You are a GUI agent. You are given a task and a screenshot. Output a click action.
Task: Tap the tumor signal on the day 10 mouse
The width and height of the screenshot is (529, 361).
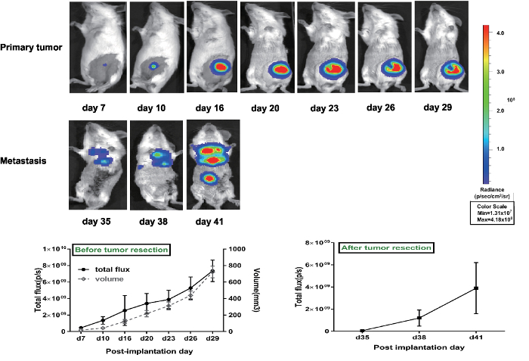point(154,67)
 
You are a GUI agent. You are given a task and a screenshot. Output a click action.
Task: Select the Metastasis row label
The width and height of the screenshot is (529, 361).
point(26,160)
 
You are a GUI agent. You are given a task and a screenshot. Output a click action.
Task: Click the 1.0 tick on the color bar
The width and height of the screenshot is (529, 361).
point(502,148)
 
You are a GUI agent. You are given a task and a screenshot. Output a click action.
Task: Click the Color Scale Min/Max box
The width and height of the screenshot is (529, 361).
point(493,213)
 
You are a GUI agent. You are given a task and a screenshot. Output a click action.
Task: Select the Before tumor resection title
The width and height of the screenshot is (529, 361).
point(120,249)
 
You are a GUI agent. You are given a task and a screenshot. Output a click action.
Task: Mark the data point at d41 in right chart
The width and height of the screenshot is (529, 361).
point(476,288)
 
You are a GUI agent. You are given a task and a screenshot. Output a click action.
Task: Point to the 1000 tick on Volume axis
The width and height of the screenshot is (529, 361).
point(237,249)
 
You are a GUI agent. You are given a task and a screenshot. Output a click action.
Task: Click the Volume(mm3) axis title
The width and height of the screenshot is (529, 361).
point(255,290)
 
